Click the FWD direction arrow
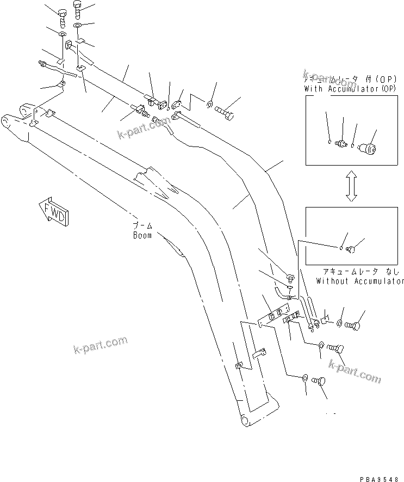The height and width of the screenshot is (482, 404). tap(53, 210)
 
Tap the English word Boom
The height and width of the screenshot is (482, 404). tap(142, 236)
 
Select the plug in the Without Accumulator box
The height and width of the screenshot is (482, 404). tap(351, 249)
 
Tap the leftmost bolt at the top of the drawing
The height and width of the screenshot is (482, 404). tap(61, 17)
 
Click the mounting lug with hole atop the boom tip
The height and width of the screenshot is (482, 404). tap(27, 109)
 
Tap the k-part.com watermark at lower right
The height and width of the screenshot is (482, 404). tap(356, 373)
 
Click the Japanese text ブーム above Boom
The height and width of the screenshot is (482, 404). tap(143, 225)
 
